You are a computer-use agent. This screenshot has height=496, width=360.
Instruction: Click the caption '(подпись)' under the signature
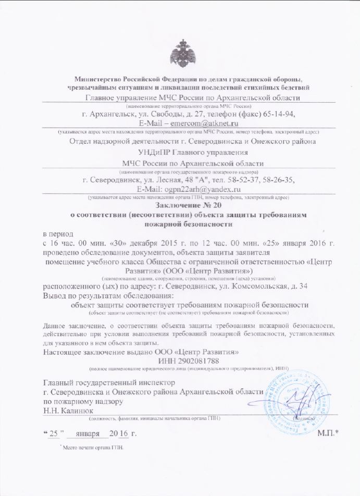304,418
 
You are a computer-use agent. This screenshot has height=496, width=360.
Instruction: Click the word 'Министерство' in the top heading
97,78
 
